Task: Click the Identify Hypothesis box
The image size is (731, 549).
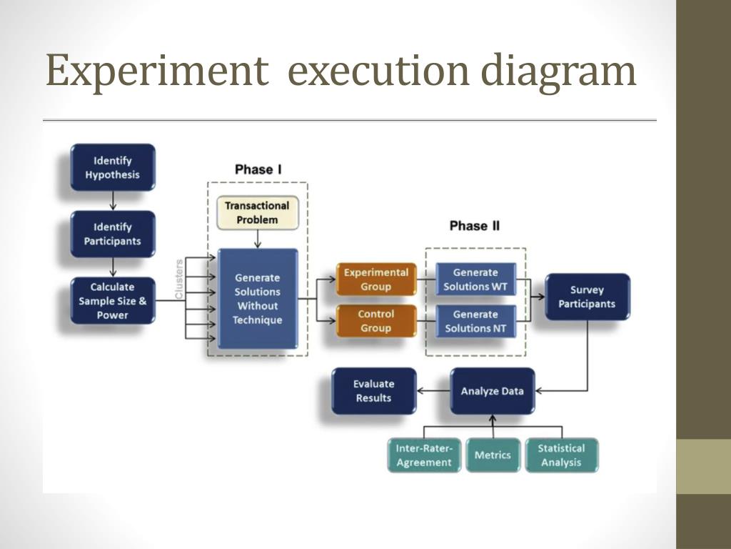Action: (113, 167)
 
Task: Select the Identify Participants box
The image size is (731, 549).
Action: (113, 234)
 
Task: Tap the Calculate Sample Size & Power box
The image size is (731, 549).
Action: (113, 301)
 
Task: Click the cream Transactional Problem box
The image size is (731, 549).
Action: (257, 213)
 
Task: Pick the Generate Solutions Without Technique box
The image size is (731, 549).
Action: (257, 299)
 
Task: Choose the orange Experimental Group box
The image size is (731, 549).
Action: (376, 280)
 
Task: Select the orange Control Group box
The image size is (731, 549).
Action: (376, 321)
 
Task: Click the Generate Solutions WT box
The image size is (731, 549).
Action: (475, 280)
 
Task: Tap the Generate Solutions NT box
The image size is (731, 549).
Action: (475, 321)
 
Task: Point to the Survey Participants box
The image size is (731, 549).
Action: (587, 297)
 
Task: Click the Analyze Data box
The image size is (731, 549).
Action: (492, 391)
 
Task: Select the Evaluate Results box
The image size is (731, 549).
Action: (373, 391)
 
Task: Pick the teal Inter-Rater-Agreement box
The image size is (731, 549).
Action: (424, 455)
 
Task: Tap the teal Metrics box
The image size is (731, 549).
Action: (493, 455)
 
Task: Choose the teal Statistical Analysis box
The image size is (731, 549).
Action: (561, 455)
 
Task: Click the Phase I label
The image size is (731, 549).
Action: (258, 169)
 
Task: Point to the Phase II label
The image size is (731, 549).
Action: (475, 226)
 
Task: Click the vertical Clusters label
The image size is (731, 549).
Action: (179, 280)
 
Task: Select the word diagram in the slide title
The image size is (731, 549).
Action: (558, 72)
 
